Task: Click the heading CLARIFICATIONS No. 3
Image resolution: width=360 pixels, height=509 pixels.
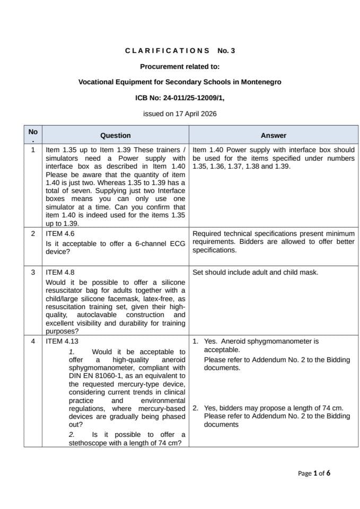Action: [x=180, y=51]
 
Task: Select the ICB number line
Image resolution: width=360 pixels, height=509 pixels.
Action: [x=180, y=98]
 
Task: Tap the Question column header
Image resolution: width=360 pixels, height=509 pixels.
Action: [x=115, y=135]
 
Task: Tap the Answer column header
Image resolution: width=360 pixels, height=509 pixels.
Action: [x=273, y=135]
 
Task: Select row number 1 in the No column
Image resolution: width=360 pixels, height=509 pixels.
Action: [x=33, y=150]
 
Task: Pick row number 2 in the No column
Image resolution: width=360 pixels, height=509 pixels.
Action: [x=33, y=233]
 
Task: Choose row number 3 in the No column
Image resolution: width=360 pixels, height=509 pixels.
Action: [x=33, y=272]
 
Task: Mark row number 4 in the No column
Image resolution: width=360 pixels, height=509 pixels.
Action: [x=33, y=341]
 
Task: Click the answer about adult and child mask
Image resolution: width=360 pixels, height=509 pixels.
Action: [x=255, y=272]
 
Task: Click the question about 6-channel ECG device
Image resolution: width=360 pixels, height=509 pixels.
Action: [x=115, y=248]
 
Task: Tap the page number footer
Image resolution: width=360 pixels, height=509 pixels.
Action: [x=314, y=473]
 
